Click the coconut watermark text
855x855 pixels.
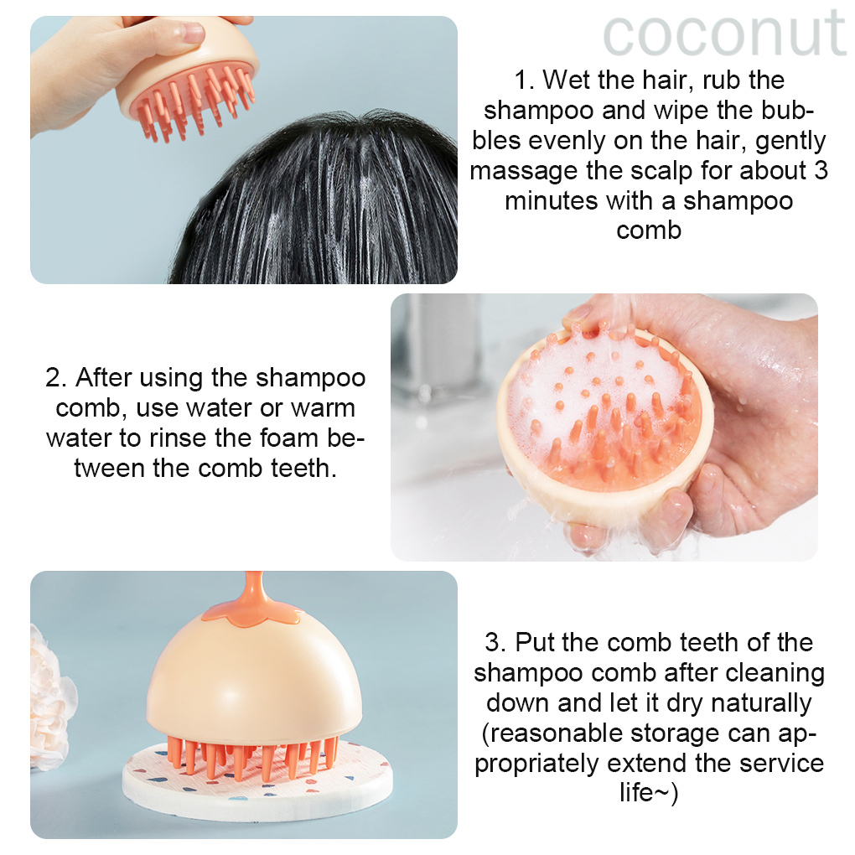pyautogui.click(x=725, y=34)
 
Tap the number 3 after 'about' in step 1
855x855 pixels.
pyautogui.click(x=821, y=171)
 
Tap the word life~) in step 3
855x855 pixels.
pyautogui.click(x=649, y=793)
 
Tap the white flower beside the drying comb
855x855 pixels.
pyautogui.click(x=50, y=700)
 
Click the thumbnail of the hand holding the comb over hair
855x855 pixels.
pyautogui.click(x=244, y=150)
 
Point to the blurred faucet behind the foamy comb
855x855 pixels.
pyautogui.click(x=439, y=349)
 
